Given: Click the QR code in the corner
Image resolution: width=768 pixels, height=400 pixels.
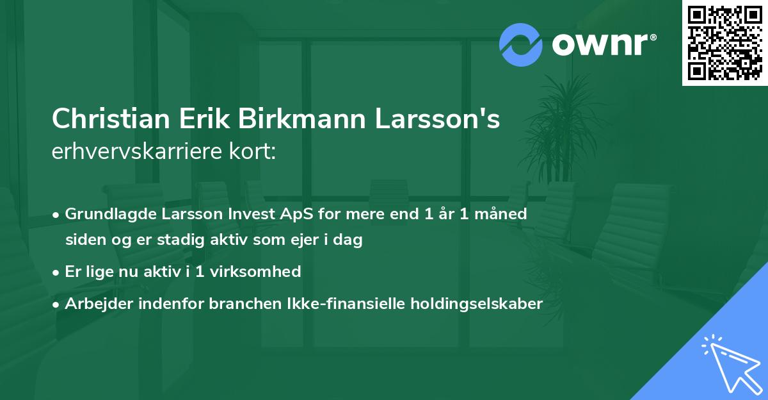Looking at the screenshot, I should click(725, 43).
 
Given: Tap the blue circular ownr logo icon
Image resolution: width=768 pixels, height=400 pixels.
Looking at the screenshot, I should click(521, 45).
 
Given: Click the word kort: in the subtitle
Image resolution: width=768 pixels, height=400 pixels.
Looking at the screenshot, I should click(254, 153).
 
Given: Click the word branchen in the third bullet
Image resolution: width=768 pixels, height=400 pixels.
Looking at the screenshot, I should click(237, 304).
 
